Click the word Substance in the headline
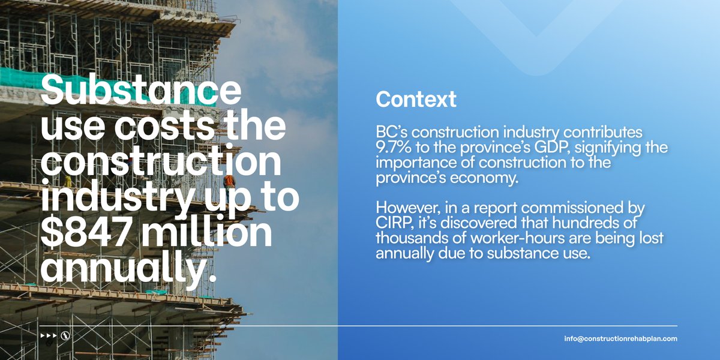[x=140, y=91]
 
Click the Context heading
[x=416, y=100]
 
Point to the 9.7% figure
[x=394, y=147]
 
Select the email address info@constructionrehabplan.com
[x=620, y=339]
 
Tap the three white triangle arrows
[x=48, y=335]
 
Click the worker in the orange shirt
[x=228, y=180]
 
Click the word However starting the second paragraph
[x=403, y=209]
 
